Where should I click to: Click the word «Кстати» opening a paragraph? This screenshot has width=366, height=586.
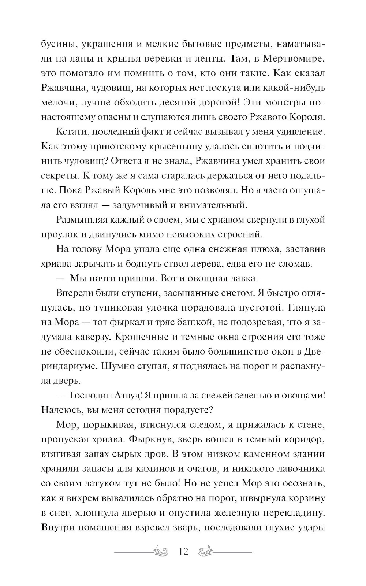tap(73, 132)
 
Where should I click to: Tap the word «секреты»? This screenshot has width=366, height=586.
tap(59, 176)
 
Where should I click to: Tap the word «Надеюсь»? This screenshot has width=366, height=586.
tap(61, 410)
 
